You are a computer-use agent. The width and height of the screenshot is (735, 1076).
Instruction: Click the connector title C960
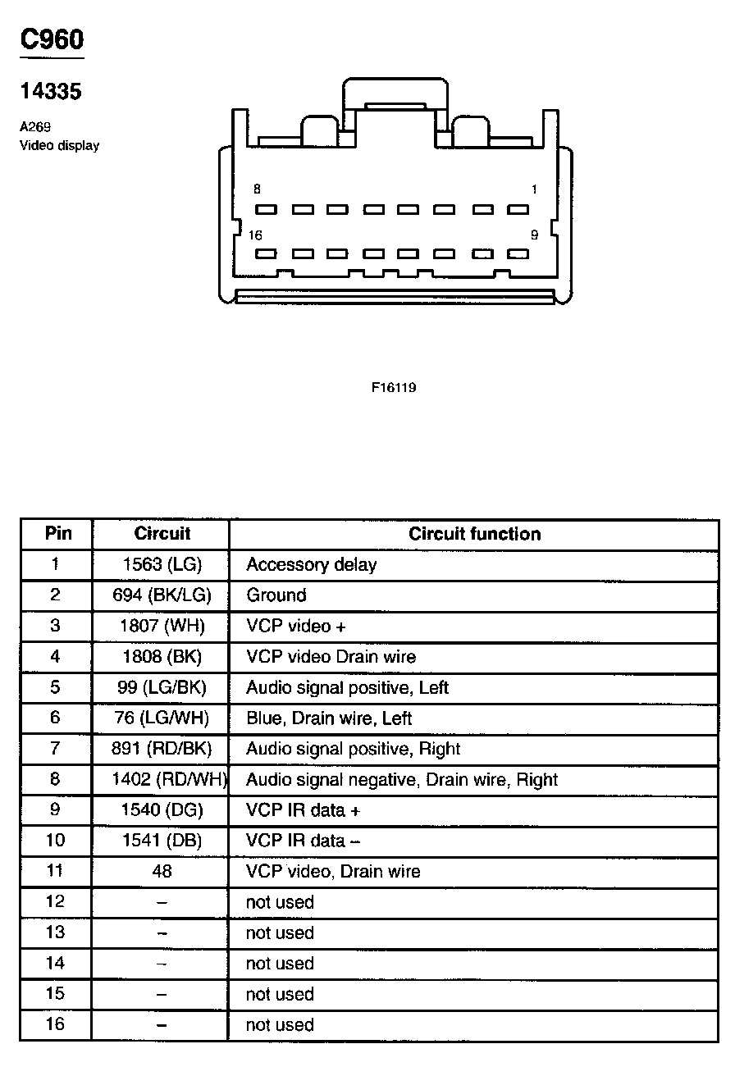52,39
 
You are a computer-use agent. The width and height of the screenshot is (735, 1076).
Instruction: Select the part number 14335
51,92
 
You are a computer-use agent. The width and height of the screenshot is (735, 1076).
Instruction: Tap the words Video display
59,146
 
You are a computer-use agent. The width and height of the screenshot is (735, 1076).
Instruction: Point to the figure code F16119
394,387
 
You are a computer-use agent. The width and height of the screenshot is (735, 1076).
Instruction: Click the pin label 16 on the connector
255,235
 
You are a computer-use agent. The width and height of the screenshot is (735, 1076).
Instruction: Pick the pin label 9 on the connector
534,235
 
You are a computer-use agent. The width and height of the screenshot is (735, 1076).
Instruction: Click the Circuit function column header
475,534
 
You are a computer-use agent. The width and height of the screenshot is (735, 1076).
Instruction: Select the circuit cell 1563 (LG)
162,564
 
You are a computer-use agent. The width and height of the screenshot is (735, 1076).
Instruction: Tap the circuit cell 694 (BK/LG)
162,595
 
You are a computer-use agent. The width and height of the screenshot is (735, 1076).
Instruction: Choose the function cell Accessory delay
312,564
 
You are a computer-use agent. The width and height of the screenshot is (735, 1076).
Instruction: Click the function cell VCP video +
296,626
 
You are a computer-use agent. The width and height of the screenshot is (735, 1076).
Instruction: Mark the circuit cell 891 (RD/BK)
162,749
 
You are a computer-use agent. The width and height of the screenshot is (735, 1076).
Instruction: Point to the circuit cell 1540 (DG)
162,810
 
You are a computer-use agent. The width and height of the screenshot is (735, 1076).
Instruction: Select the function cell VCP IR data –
304,841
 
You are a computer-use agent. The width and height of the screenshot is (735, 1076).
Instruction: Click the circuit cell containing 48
162,871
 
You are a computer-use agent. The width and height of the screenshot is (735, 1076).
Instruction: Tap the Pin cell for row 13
55,932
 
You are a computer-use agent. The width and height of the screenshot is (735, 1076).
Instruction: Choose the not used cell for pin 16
280,1024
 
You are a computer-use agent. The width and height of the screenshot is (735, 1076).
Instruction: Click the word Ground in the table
276,595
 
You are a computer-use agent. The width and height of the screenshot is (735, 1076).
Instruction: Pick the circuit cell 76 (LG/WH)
162,718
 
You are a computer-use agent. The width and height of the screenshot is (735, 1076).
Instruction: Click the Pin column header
57,534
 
